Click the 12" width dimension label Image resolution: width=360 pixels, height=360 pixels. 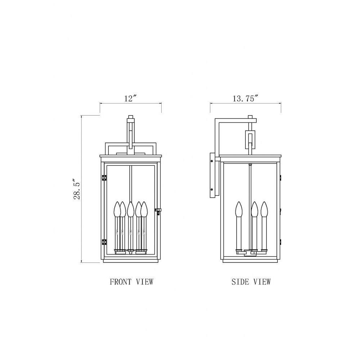pyautogui.click(x=130, y=99)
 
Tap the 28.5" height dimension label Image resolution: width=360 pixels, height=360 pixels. pyautogui.click(x=77, y=189)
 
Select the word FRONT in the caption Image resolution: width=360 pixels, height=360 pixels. pyautogui.click(x=121, y=282)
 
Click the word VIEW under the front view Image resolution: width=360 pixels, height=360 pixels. pyautogui.click(x=145, y=282)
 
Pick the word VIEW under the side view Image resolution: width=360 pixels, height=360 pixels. pyautogui.click(x=262, y=282)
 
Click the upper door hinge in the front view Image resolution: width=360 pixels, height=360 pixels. pyautogui.click(x=104, y=178)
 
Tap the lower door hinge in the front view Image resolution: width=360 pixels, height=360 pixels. pyautogui.click(x=104, y=242)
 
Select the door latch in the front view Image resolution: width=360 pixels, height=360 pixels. pyautogui.click(x=158, y=211)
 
